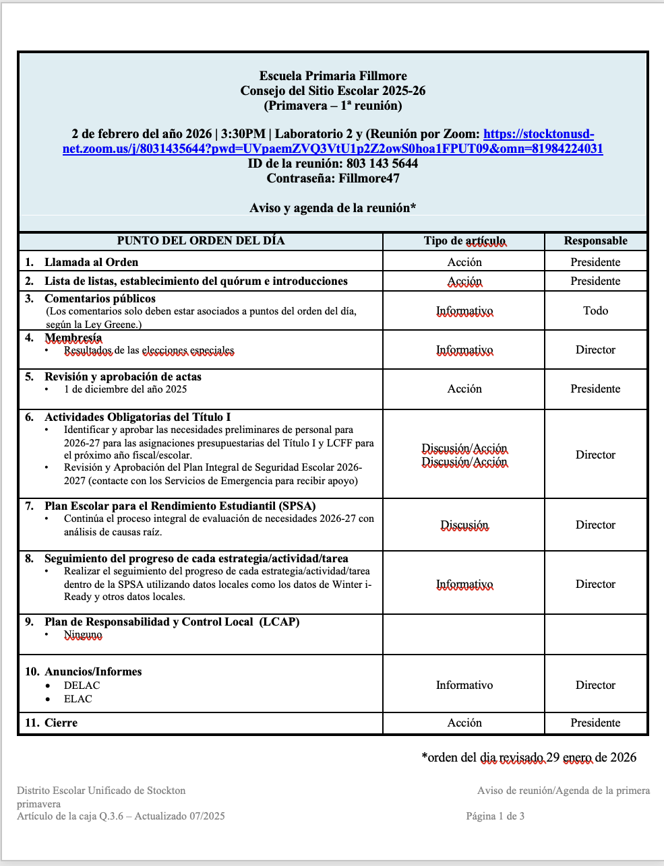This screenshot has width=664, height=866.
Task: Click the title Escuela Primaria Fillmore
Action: (x=333, y=76)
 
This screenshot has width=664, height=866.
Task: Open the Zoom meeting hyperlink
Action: (x=333, y=149)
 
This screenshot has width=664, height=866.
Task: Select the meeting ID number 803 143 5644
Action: (x=382, y=164)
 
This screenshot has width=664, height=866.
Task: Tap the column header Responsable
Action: (x=595, y=241)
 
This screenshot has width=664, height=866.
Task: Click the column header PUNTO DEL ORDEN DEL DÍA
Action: (x=201, y=241)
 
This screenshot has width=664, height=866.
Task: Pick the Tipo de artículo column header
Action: (x=464, y=241)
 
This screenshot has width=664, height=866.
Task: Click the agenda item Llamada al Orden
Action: (x=91, y=262)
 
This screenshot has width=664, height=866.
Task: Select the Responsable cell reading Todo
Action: (x=595, y=310)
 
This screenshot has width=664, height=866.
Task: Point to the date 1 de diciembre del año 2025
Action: (x=125, y=389)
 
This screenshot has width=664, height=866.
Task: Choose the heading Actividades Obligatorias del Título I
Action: (x=138, y=417)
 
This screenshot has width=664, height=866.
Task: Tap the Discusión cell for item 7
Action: (x=464, y=525)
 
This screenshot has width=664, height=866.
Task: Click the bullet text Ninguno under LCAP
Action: (x=83, y=634)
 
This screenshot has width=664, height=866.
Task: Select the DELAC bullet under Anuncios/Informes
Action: (x=82, y=686)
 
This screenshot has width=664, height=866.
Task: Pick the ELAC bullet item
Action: (x=78, y=699)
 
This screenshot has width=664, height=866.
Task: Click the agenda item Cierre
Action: (x=61, y=723)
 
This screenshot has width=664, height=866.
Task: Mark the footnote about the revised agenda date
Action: (x=529, y=758)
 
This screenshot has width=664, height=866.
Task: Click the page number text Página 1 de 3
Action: (x=495, y=816)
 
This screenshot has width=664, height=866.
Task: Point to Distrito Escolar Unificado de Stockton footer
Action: (x=101, y=791)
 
